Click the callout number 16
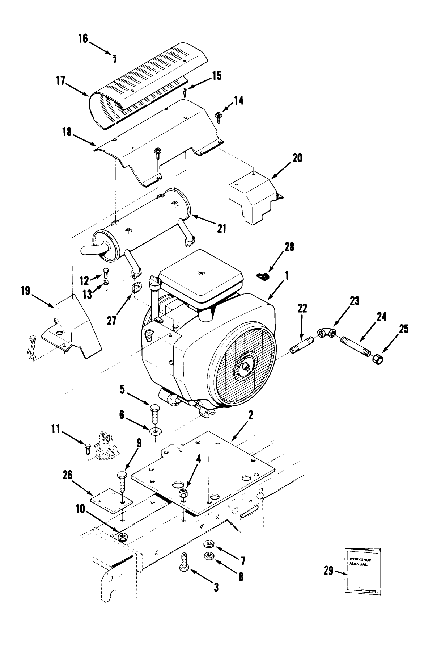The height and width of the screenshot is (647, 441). (x=83, y=38)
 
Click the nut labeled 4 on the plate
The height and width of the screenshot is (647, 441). (x=183, y=493)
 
